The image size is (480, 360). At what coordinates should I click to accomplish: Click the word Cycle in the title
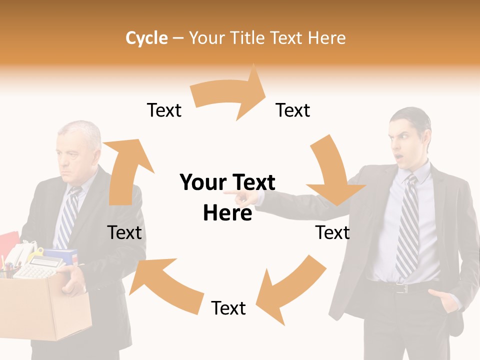tap(146, 38)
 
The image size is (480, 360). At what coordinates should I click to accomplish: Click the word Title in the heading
tap(248, 38)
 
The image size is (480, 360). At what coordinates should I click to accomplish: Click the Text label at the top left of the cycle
tap(164, 110)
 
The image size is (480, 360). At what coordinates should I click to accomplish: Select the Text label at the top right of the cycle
tap(293, 110)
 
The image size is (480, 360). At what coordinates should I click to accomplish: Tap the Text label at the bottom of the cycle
tap(228, 308)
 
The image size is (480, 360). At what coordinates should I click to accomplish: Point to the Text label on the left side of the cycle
tap(124, 232)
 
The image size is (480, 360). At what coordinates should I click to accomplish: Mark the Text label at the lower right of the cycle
tap(332, 232)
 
